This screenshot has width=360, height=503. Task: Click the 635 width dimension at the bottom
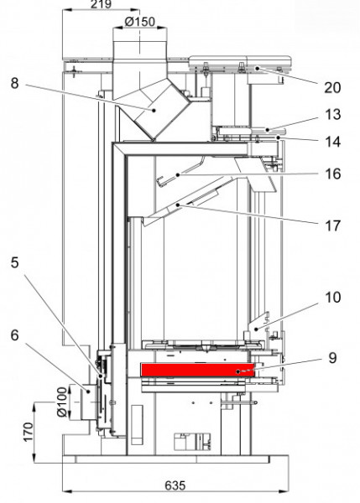[175, 486]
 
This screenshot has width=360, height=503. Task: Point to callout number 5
[15, 284]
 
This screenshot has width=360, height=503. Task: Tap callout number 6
[15, 332]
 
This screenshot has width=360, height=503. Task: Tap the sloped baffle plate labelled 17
[180, 210]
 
